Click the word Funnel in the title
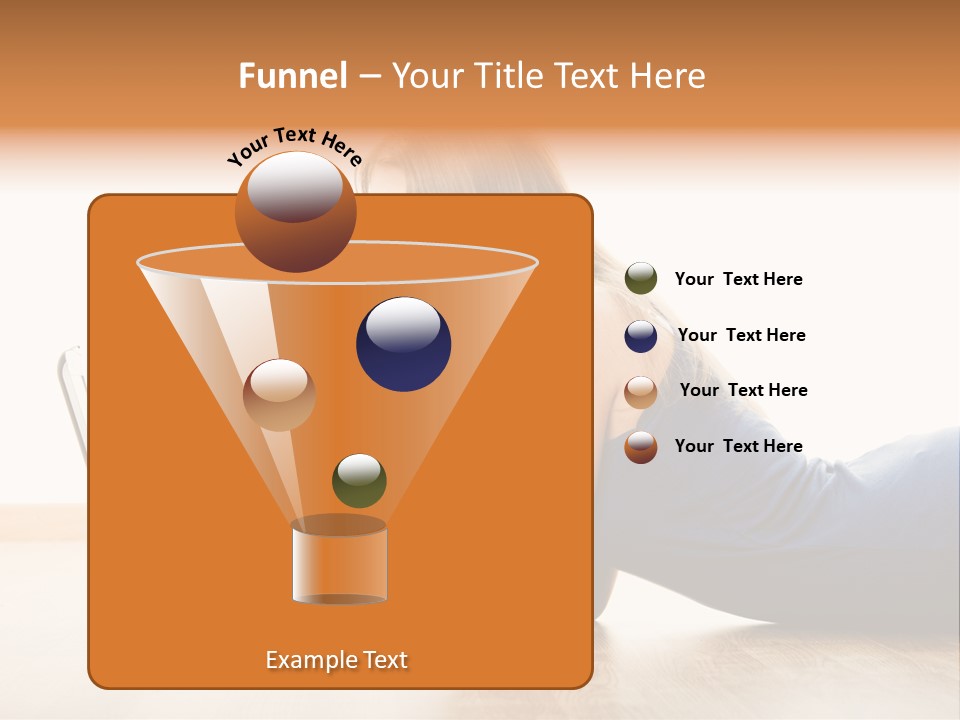tap(292, 76)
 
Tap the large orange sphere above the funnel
tap(295, 212)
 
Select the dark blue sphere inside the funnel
tap(403, 345)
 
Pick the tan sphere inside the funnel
tap(279, 395)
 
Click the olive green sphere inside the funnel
tap(359, 481)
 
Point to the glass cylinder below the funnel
tap(340, 565)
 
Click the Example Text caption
tap(336, 660)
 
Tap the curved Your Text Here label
tap(294, 146)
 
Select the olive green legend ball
tap(641, 279)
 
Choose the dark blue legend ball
tap(641, 336)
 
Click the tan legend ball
tap(641, 392)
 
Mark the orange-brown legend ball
tap(641, 447)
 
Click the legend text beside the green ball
tap(738, 279)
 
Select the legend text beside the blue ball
tap(741, 335)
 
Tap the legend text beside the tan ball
tap(743, 390)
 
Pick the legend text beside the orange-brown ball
tap(738, 446)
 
